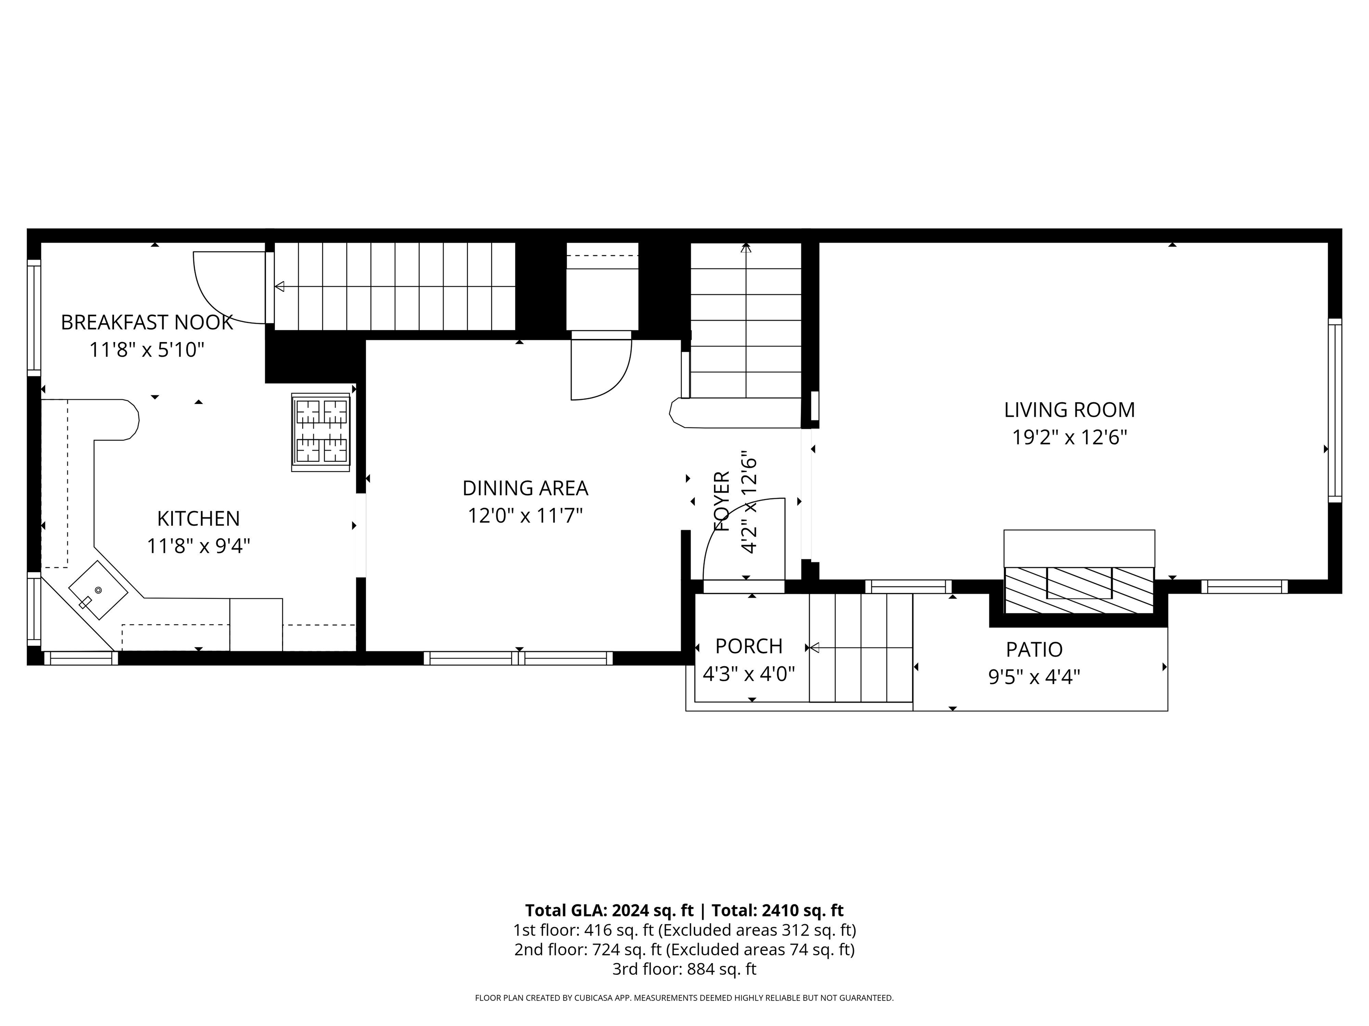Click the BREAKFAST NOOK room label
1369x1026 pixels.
coord(147,322)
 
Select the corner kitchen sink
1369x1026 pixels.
coord(97,590)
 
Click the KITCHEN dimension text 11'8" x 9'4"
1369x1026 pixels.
coord(198,546)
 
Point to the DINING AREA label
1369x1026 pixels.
coord(525,488)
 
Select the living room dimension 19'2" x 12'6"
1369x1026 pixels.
coord(1069,437)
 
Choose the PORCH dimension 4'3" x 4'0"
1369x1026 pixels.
coord(748,673)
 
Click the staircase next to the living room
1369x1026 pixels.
coord(746,322)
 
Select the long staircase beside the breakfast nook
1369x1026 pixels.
coord(394,286)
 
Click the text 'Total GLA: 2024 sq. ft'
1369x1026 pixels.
coord(609,910)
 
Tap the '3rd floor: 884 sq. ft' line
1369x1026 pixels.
coord(684,969)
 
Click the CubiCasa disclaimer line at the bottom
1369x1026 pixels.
coord(684,997)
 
